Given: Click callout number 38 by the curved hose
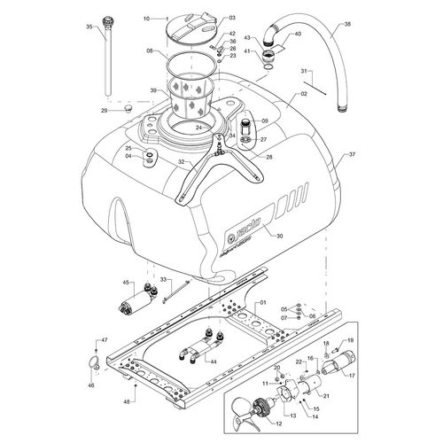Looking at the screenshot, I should pyautogui.click(x=347, y=25).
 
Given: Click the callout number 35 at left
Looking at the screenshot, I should pyautogui.click(x=89, y=28).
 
